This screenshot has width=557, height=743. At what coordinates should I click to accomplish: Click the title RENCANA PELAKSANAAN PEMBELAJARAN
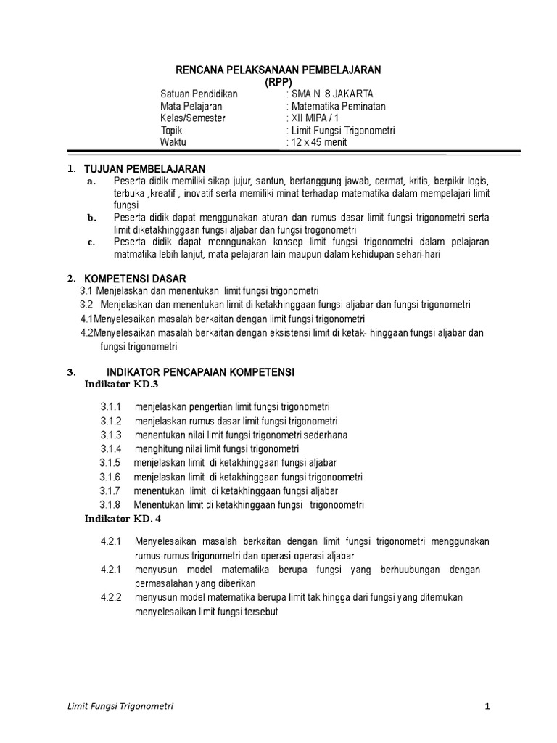click(279, 70)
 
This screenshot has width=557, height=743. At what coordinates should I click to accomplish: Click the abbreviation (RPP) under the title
click(279, 82)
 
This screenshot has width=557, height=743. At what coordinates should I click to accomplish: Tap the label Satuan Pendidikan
click(199, 94)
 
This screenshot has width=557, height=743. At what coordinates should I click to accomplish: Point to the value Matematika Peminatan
click(338, 107)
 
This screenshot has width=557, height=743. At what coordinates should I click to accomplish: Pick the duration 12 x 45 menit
click(318, 142)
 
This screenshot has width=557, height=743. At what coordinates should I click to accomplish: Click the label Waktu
click(173, 142)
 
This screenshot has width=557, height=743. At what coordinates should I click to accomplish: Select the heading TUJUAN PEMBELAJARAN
click(145, 168)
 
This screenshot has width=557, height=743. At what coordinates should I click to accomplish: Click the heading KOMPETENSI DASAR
click(136, 279)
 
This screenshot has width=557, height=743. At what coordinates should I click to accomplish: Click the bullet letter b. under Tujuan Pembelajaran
click(91, 217)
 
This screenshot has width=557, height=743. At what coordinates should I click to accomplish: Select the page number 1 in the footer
click(489, 706)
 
